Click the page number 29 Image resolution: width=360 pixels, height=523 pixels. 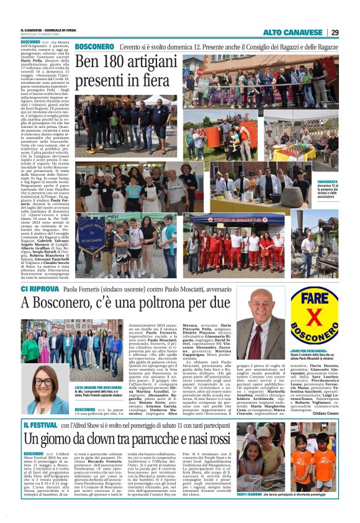coord(335,32)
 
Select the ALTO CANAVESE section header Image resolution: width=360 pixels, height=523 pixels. coord(294,32)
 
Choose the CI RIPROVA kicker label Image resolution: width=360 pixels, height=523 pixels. coord(39,289)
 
